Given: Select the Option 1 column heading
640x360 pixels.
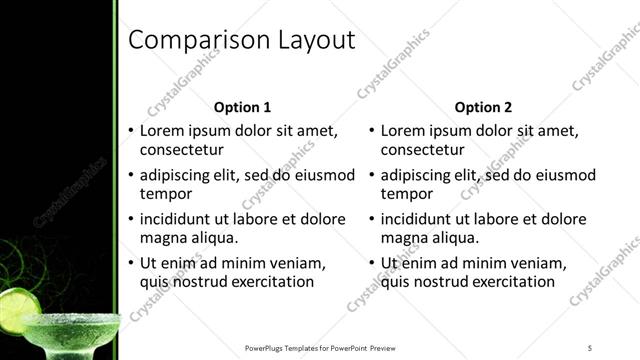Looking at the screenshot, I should (243, 107).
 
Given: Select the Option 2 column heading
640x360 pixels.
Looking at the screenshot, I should (483, 107).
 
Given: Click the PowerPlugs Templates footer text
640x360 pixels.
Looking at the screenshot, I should (320, 347).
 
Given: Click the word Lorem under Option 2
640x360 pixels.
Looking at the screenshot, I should (405, 130).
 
